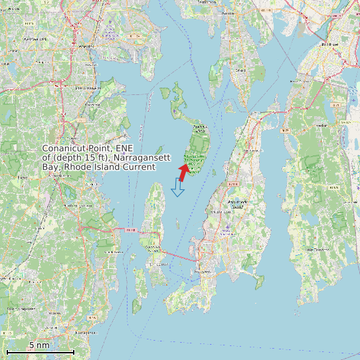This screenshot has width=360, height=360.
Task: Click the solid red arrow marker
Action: click(183, 171)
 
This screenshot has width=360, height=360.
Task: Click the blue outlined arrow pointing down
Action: click(177, 188)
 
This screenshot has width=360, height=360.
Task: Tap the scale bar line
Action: click(40, 351)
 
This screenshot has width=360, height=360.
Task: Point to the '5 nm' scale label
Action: click(39, 345)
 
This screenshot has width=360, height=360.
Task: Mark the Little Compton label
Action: click(317, 249)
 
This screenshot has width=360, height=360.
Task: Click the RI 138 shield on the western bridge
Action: click(130, 230)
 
